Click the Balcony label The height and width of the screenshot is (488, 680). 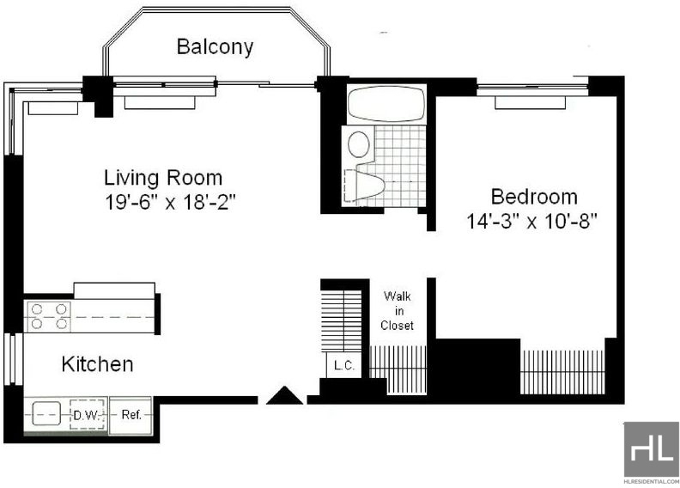coord(215,47)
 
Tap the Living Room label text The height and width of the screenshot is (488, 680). coord(163,178)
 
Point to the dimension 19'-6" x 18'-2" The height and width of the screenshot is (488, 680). coord(170,202)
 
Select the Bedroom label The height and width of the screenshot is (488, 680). coord(534,197)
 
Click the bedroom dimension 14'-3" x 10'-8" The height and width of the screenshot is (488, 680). coord(532,221)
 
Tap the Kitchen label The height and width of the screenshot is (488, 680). coord(97,364)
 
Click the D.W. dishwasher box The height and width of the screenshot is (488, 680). coord(88,415)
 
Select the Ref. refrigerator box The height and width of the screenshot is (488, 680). coord(131,415)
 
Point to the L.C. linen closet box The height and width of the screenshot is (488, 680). coord(344,365)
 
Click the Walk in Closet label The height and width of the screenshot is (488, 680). coord(398,311)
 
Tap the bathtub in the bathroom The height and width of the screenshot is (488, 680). coord(386,104)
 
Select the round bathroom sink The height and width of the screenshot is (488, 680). coord(359,144)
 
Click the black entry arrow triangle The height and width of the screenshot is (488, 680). coord(284,395)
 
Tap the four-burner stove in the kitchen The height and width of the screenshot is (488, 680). coord(49,316)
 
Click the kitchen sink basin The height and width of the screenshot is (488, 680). coord(46,414)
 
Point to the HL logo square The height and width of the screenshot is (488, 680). coord(652,449)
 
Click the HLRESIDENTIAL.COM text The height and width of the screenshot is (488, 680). coord(652,481)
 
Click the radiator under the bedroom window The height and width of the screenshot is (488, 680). coord(531,103)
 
